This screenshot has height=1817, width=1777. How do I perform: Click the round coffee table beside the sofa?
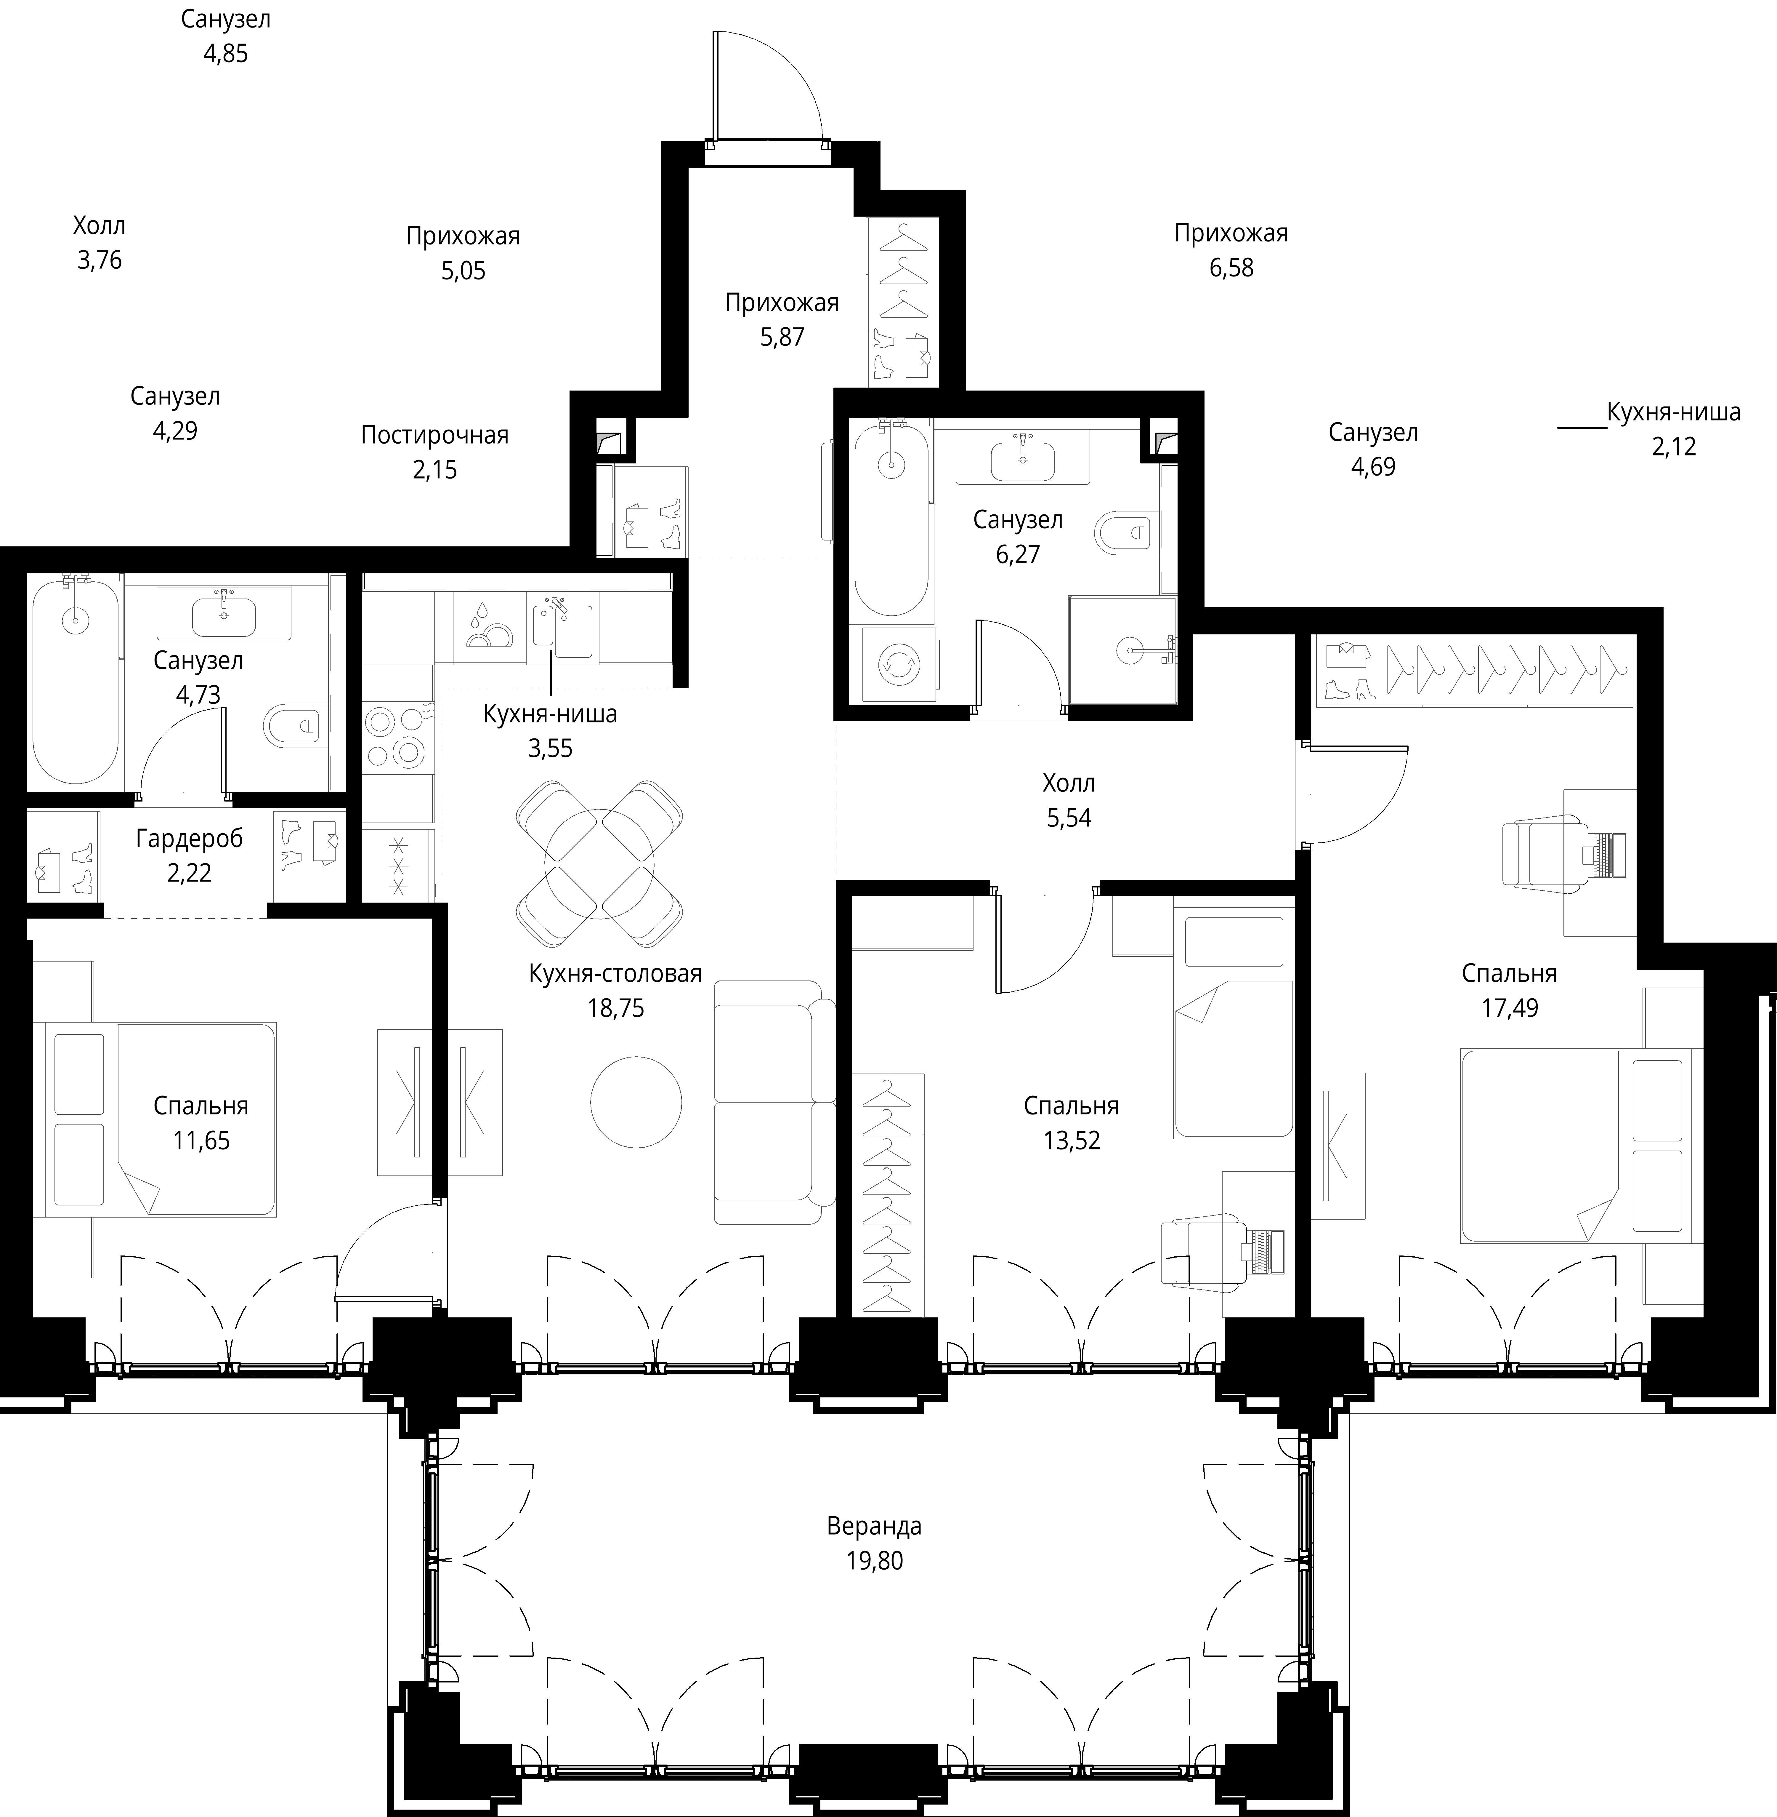click(636, 1102)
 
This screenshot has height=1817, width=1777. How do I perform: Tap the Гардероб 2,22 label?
click(190, 855)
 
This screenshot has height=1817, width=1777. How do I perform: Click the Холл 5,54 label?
click(1069, 800)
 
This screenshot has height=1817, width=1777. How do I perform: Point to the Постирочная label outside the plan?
click(435, 435)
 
